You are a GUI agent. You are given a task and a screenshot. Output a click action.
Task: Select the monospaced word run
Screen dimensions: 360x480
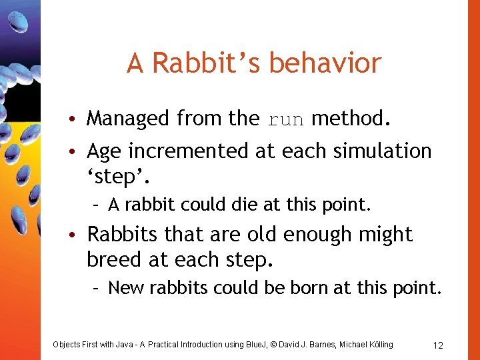285,119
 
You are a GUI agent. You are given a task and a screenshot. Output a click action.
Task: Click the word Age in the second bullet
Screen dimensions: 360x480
104,151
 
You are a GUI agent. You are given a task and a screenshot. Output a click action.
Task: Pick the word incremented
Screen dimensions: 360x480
189,151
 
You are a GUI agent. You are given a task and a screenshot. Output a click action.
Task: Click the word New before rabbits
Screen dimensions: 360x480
123,288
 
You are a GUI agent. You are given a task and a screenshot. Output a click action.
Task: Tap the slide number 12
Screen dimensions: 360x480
438,345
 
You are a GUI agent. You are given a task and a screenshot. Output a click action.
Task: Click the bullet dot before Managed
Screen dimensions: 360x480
78,119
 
